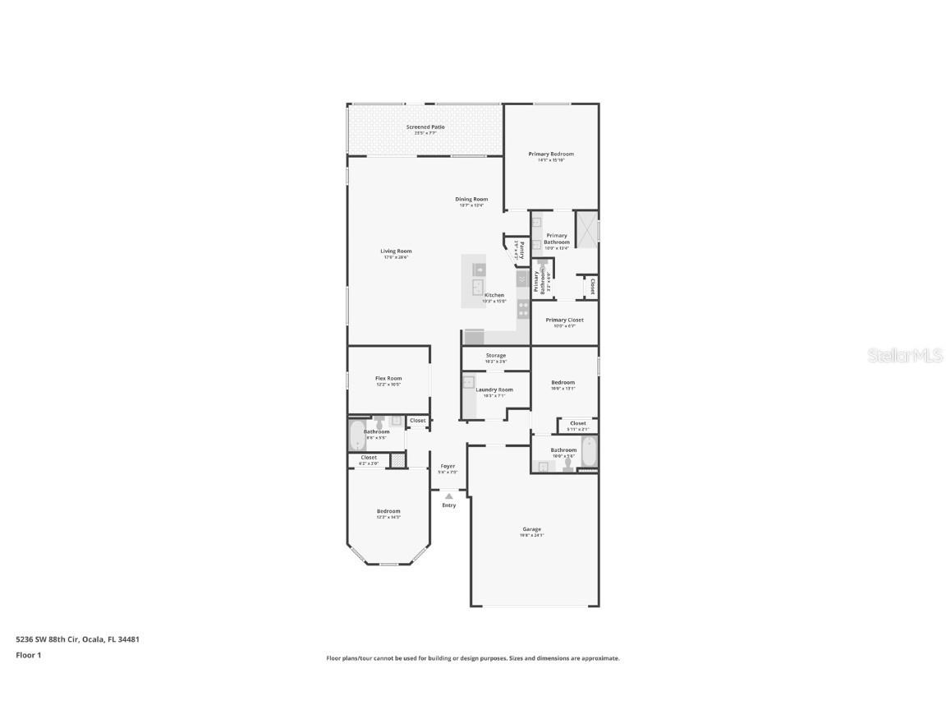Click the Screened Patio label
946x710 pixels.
[425, 127]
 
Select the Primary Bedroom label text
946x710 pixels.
[551, 154]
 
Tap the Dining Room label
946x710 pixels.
[471, 199]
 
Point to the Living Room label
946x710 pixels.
[396, 251]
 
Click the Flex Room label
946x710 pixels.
[388, 379]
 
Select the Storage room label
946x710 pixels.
[495, 356]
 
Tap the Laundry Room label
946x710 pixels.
[494, 390]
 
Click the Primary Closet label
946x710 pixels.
[564, 320]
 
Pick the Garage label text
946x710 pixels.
[531, 529]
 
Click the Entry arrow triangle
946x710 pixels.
[448, 496]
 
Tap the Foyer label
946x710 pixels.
[448, 466]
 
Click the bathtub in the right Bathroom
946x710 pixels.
[589, 451]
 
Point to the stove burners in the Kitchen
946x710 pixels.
[522, 310]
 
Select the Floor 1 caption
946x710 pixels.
[28, 655]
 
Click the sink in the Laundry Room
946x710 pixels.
[468, 381]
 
